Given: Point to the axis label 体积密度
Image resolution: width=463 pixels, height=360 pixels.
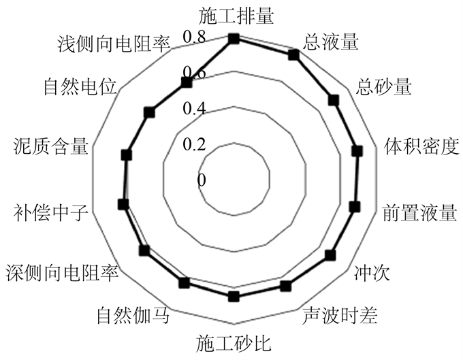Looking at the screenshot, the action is tap(421, 146).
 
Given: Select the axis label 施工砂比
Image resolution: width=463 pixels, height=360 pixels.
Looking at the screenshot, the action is tap(234, 342).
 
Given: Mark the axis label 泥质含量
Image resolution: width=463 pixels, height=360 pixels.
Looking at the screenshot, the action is tap(51, 146).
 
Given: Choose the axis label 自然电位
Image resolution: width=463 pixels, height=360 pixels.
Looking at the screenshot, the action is tap(80, 86).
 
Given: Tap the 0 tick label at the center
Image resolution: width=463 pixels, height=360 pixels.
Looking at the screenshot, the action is tap(202, 180).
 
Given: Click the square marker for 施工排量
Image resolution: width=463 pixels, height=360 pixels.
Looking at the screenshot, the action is tap(234, 39).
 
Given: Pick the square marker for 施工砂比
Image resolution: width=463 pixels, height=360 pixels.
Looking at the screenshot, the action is tap(234, 295).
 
